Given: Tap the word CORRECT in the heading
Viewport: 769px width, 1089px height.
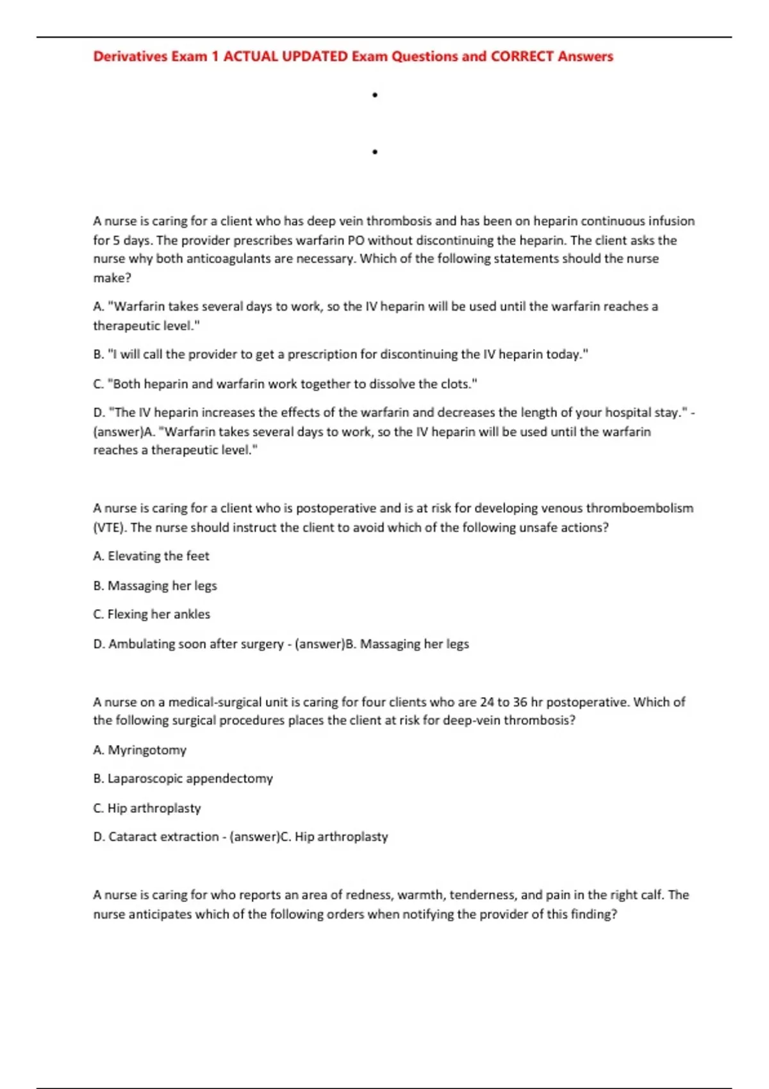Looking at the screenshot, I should click(x=522, y=56).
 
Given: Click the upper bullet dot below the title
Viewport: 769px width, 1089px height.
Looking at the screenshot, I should click(x=375, y=95).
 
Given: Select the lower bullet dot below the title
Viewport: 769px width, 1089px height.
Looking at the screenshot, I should click(x=375, y=152).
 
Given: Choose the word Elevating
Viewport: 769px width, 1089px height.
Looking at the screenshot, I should click(x=134, y=556).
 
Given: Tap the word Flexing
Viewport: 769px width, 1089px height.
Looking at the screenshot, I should click(x=128, y=614).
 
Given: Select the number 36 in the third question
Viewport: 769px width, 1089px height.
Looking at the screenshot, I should click(x=520, y=702).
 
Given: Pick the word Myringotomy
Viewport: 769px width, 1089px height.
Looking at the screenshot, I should click(x=147, y=750).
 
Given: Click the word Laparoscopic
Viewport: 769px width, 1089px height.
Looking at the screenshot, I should click(x=145, y=779).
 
